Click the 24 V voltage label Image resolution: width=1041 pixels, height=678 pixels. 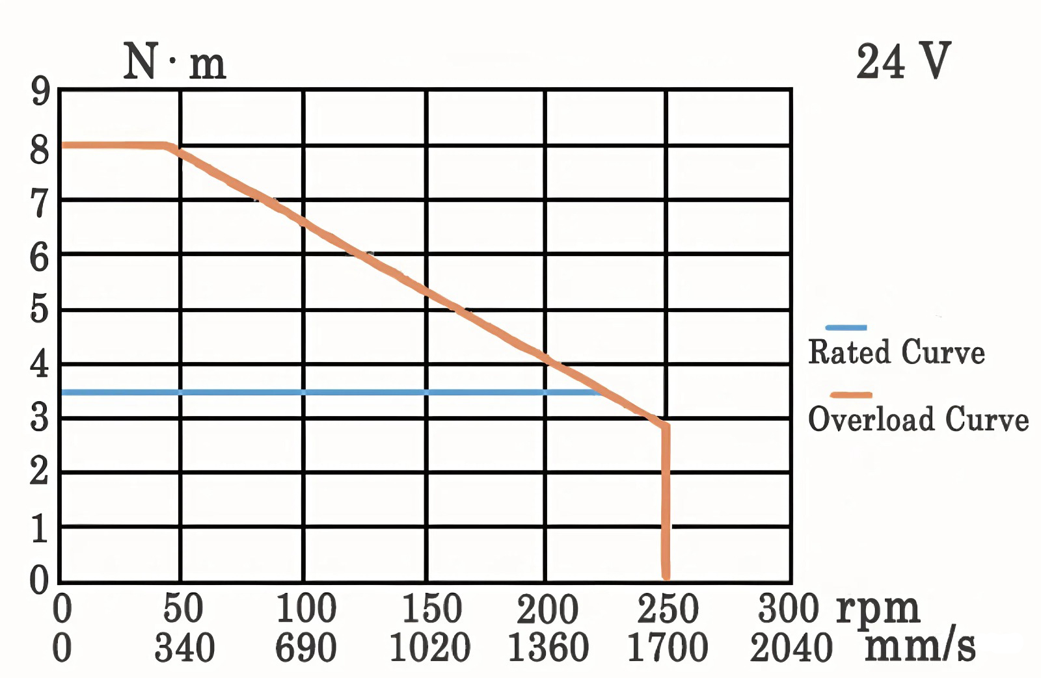[x=903, y=62]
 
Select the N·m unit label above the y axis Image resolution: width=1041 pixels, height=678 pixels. [x=174, y=64]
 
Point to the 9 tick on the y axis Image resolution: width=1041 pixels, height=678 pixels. [x=40, y=93]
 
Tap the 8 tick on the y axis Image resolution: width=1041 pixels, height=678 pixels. [x=40, y=150]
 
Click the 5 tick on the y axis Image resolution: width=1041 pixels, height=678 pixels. [x=40, y=309]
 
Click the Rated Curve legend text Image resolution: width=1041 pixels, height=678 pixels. [x=896, y=352]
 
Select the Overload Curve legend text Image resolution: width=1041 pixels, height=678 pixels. [x=918, y=419]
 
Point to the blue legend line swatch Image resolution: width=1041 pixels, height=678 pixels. [x=846, y=327]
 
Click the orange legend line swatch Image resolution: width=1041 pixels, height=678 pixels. [x=850, y=394]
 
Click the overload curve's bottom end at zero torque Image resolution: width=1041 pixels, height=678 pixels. [x=666, y=575]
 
